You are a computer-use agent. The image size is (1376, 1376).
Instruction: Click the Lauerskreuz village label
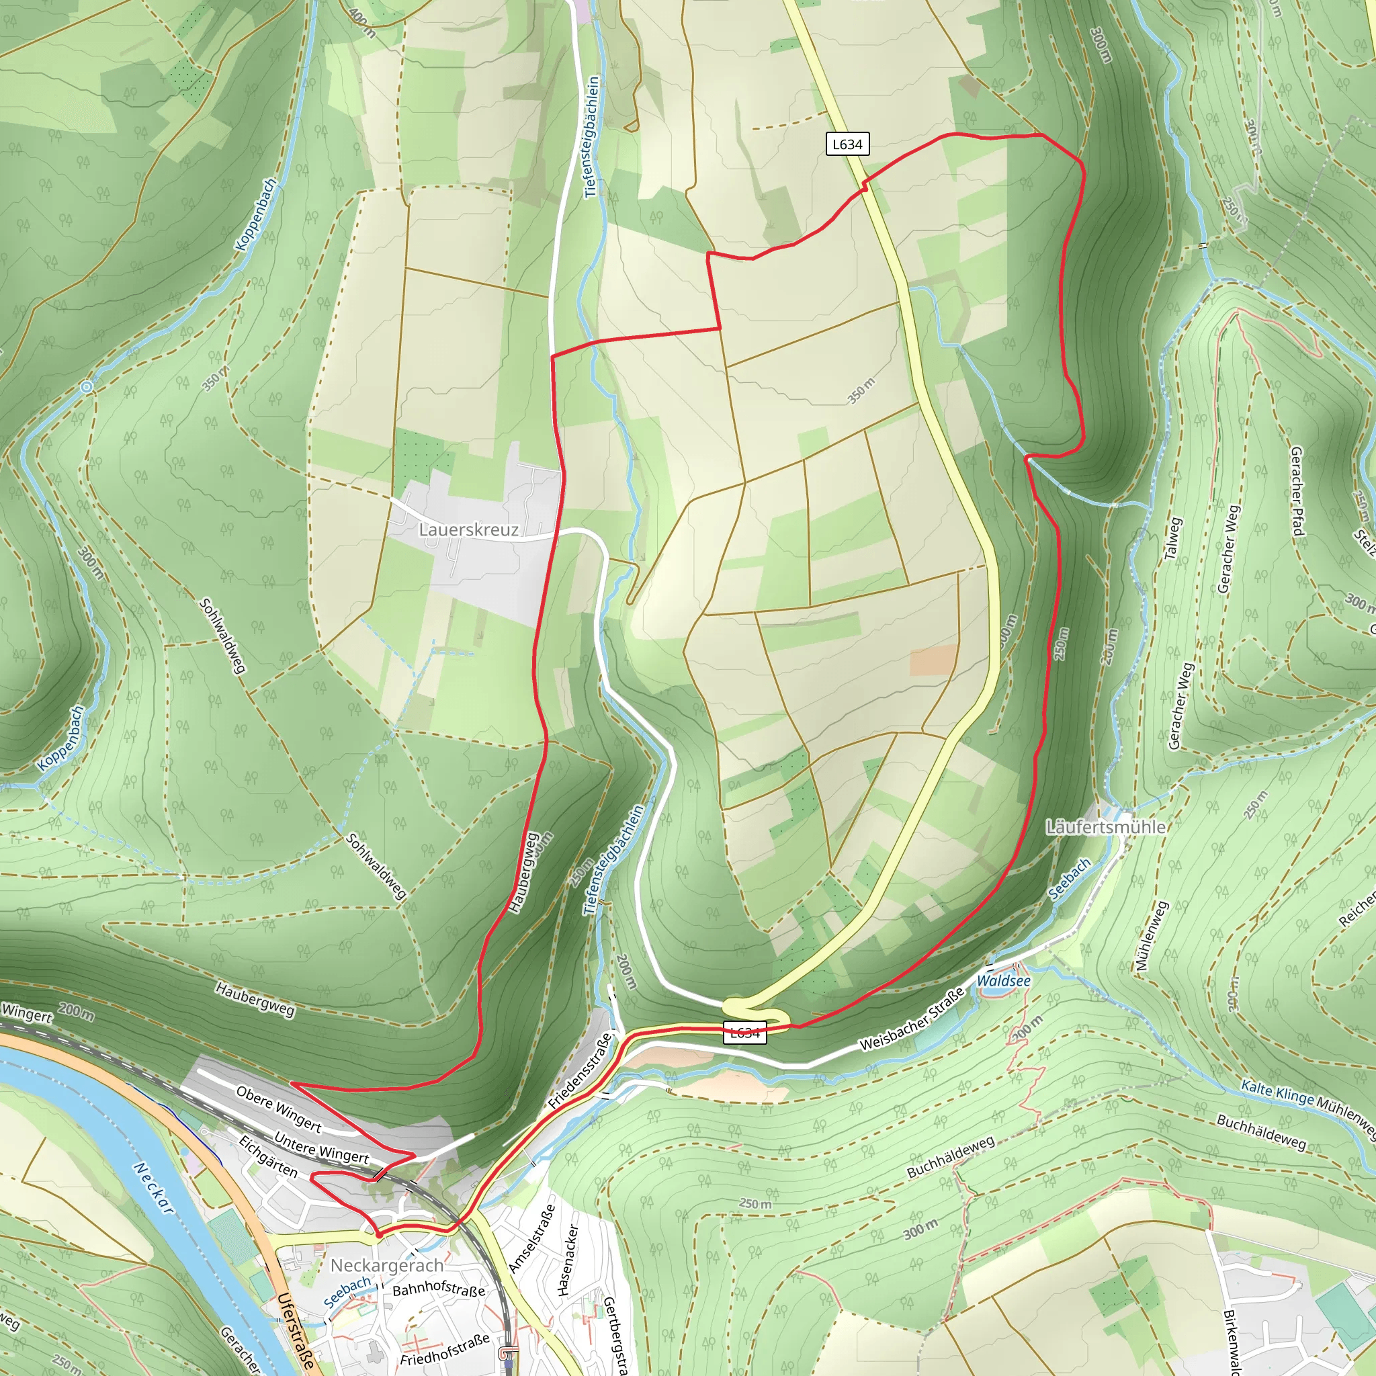[469, 530]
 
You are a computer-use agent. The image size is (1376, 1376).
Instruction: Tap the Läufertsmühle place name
[1106, 827]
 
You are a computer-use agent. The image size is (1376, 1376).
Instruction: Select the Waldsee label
[1003, 981]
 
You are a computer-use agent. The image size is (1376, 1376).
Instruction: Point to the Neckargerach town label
[387, 1266]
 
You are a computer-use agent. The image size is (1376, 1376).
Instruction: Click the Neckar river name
[153, 1188]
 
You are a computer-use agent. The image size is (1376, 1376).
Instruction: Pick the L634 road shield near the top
[847, 144]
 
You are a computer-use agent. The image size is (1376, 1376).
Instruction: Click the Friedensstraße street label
[580, 1070]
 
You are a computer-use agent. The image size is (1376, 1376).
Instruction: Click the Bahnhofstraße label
[439, 1290]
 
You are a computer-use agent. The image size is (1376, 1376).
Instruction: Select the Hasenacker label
[568, 1260]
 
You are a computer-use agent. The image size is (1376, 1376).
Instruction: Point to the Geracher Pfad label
[1297, 491]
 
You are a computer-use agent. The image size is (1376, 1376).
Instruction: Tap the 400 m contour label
[363, 23]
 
